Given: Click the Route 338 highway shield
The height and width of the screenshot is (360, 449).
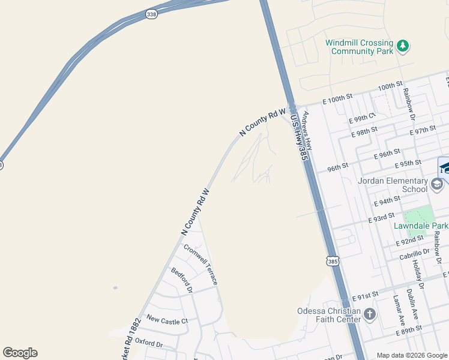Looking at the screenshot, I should (x=151, y=14).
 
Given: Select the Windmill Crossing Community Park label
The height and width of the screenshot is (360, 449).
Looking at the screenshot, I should (x=359, y=47).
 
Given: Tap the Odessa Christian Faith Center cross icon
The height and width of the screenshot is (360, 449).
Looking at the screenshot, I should (x=370, y=314).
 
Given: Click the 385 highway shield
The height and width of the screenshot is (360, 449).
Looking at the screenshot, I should (x=333, y=261).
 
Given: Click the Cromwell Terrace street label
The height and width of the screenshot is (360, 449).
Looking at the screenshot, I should (x=201, y=264).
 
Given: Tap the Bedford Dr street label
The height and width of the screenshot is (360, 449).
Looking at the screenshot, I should (x=181, y=280).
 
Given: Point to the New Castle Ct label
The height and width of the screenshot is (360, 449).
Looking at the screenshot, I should (x=167, y=321).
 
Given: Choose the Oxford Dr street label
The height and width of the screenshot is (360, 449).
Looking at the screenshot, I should (x=149, y=344).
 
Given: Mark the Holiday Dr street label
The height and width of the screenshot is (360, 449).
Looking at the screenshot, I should (x=418, y=278).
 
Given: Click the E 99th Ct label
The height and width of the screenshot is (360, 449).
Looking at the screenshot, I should (x=362, y=118).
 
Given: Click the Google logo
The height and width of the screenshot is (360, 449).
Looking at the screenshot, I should (x=20, y=353).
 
